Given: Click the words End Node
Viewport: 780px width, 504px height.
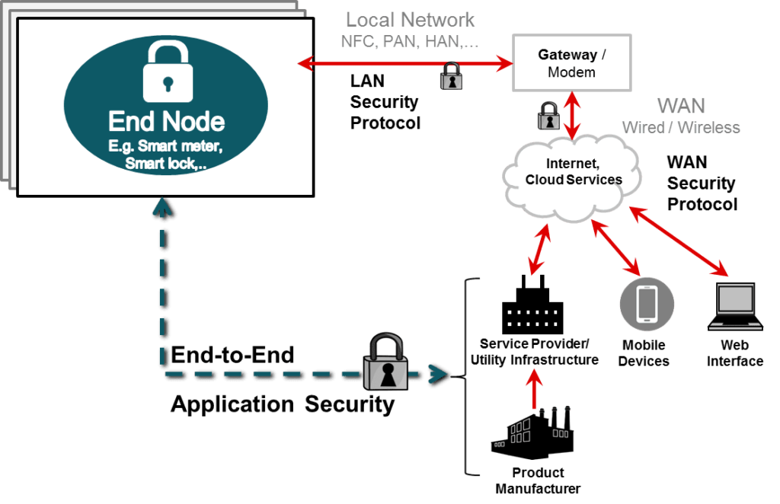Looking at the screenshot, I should (x=166, y=122).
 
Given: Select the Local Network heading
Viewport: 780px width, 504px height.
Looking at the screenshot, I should (x=410, y=20).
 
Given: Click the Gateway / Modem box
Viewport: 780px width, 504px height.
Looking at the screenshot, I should (x=571, y=63).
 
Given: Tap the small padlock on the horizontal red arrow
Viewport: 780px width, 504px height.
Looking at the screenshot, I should (x=452, y=77).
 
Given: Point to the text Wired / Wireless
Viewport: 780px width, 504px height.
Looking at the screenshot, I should (x=681, y=127).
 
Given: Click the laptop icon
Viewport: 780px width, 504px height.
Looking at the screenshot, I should (x=735, y=307).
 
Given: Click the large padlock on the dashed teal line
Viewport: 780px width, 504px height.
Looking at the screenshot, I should (x=385, y=365).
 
